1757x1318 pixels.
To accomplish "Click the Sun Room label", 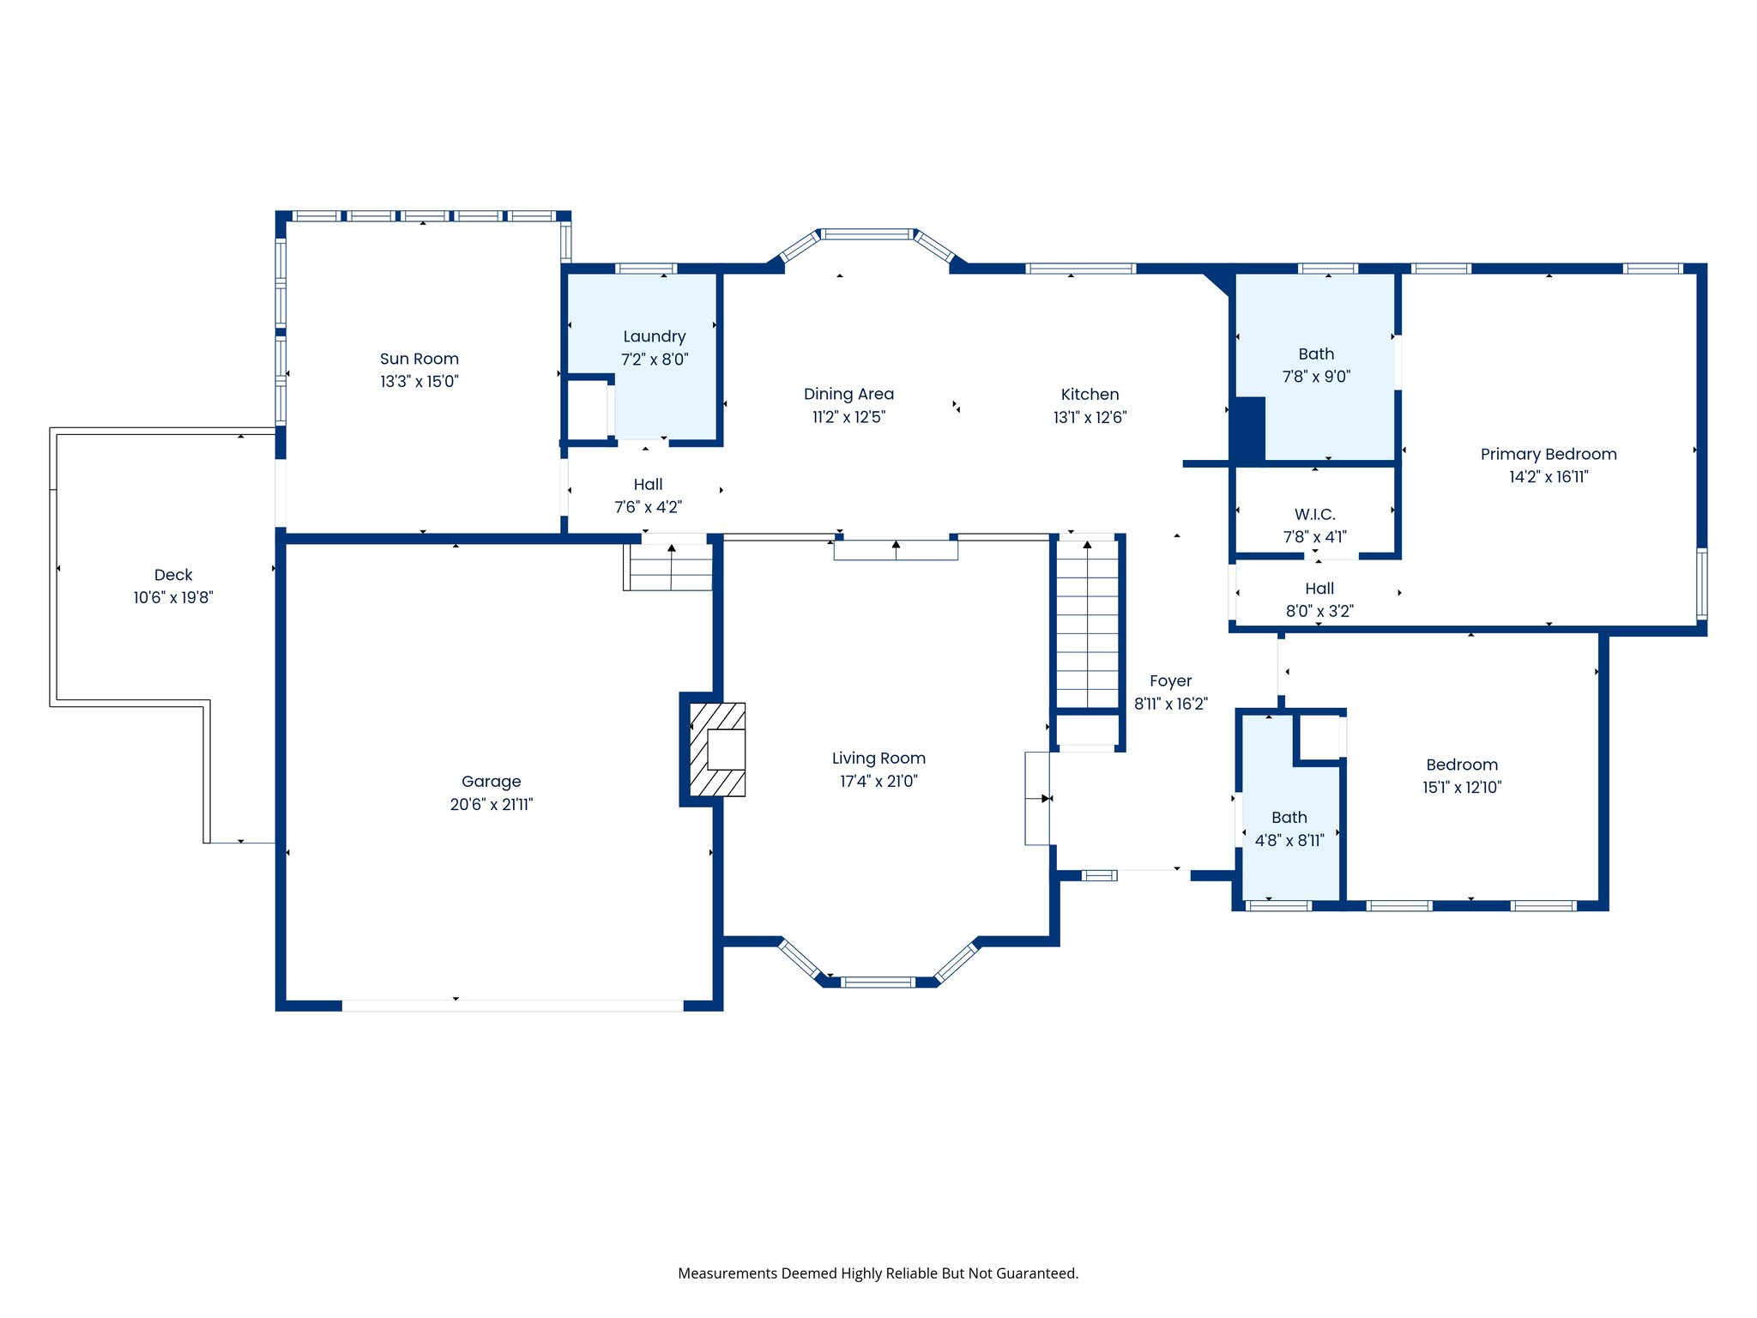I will coord(419,359).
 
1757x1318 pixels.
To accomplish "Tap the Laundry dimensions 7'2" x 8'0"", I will coord(655,360).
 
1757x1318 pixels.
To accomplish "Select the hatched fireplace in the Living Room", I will coord(717,749).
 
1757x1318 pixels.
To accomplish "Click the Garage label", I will coord(491,782).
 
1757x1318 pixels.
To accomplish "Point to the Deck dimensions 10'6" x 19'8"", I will coord(172,598).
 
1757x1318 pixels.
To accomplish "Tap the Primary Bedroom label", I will coord(1548,454).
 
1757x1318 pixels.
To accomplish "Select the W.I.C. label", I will coord(1314,514).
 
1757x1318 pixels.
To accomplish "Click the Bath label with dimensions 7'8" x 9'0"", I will coord(1316,354).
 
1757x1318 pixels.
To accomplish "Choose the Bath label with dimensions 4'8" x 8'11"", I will coord(1289,818).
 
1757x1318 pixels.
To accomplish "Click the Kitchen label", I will coord(1090,395).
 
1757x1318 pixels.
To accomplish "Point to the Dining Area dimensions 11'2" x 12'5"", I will coord(848,418).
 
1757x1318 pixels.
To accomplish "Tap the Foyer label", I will coord(1170,681).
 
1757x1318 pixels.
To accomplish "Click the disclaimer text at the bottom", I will coord(878,1273).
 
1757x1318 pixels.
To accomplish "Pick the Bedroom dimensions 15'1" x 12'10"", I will coord(1461,788).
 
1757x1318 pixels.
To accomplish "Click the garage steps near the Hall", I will coord(668,568).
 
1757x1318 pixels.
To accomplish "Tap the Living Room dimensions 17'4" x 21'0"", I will coord(878,782).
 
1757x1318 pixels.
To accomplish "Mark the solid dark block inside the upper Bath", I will coord(1248,429).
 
